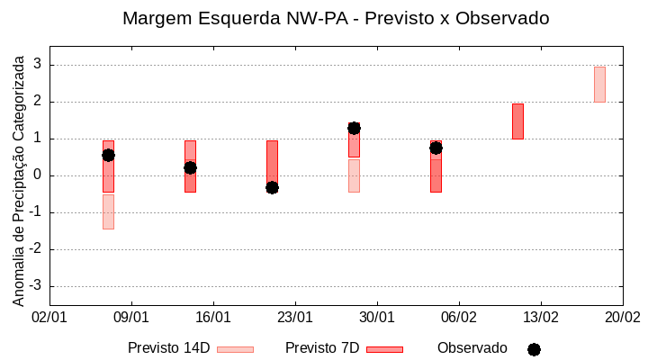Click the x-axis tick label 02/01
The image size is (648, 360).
pyautogui.click(x=49, y=318)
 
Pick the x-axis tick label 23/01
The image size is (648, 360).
pyautogui.click(x=295, y=318)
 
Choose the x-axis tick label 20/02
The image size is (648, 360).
pyautogui.click(x=622, y=318)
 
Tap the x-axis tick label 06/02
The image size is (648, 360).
pyautogui.click(x=459, y=318)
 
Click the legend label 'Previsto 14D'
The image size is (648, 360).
pyautogui.click(x=168, y=348)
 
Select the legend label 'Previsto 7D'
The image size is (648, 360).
pyautogui.click(x=322, y=348)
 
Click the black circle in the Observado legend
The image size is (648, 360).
pyautogui.click(x=534, y=349)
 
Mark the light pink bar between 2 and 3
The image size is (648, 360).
pyautogui.click(x=599, y=85)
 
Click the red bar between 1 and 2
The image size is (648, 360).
pyautogui.click(x=517, y=121)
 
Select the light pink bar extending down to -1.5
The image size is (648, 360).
pyautogui.click(x=108, y=211)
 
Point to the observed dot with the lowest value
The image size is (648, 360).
pyautogui.click(x=272, y=187)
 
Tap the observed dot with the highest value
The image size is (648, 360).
pyautogui.click(x=354, y=128)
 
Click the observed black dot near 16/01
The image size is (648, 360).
pyautogui.click(x=190, y=167)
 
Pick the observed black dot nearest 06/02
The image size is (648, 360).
pyautogui.click(x=436, y=148)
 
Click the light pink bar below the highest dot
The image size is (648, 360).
pyautogui.click(x=354, y=175)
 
